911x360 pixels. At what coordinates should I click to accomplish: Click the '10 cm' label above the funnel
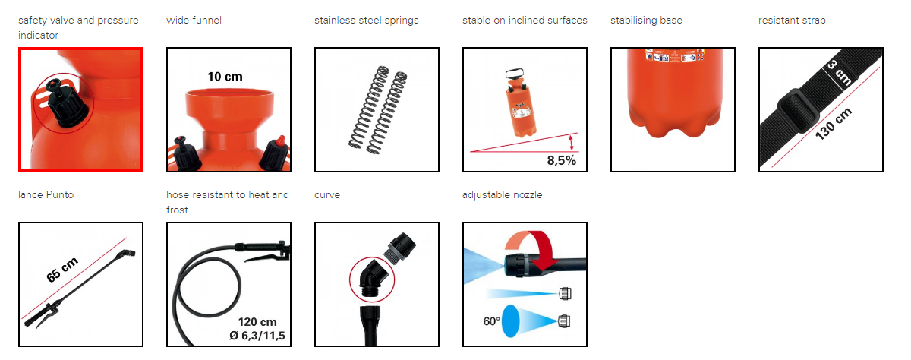pyautogui.click(x=225, y=77)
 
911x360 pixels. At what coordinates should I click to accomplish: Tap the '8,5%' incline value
pyautogui.click(x=561, y=160)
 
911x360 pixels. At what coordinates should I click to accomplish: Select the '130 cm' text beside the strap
pyautogui.click(x=834, y=124)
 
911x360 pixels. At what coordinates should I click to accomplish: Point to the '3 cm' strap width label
pyautogui.click(x=839, y=72)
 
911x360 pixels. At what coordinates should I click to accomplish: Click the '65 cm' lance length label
pyautogui.click(x=62, y=270)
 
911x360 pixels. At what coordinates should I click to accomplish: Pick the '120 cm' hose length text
pyautogui.click(x=257, y=322)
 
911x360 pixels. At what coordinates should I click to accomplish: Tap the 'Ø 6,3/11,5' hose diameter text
pyautogui.click(x=257, y=336)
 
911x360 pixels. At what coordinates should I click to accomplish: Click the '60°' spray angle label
pyautogui.click(x=491, y=321)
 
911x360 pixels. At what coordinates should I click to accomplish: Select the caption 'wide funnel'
pyautogui.click(x=194, y=20)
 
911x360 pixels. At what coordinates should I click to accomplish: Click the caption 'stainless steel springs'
pyautogui.click(x=367, y=21)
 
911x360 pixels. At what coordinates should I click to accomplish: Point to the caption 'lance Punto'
pyautogui.click(x=46, y=195)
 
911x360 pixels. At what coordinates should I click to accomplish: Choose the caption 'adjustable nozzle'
pyautogui.click(x=503, y=195)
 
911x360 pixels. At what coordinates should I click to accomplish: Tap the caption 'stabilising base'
pyautogui.click(x=646, y=21)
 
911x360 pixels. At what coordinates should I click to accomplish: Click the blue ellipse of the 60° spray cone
pyautogui.click(x=510, y=321)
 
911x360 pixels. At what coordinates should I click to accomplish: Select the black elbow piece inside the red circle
pyautogui.click(x=371, y=279)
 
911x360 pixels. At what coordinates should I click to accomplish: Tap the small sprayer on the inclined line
pyautogui.click(x=520, y=103)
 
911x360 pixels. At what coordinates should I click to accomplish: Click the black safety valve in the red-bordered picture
pyautogui.click(x=65, y=104)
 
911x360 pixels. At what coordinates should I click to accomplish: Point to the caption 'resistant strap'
pyautogui.click(x=792, y=21)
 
